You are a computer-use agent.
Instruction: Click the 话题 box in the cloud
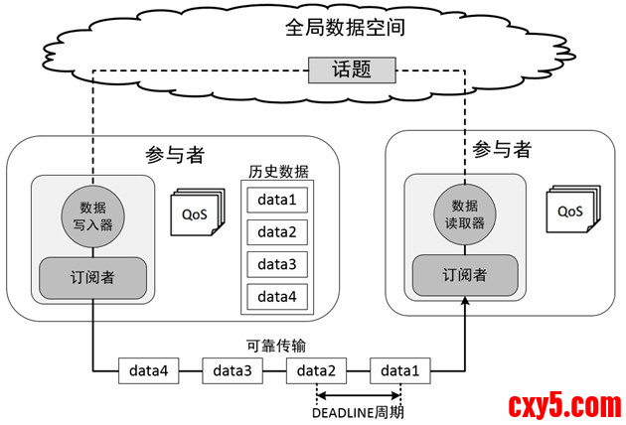pos(353,71)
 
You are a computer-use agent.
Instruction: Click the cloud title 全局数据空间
pos(344,27)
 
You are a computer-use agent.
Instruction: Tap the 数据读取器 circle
pos(465,214)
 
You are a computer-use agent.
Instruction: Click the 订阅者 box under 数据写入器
pos(92,277)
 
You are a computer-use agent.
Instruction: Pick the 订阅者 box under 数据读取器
pos(465,275)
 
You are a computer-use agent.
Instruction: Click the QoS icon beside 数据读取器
pos(571,210)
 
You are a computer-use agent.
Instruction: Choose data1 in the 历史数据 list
pos(277,200)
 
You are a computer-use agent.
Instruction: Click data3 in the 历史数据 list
pos(277,264)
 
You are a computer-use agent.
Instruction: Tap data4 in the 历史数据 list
pos(277,296)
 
